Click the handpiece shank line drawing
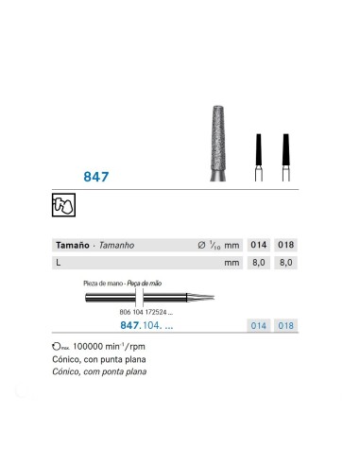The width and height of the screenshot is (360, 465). [x=142, y=300]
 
